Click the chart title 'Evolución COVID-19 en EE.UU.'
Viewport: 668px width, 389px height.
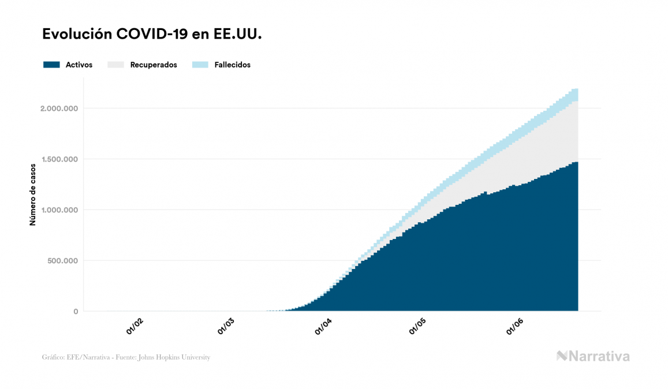(x=152, y=35)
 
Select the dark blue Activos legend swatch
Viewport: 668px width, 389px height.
(x=51, y=65)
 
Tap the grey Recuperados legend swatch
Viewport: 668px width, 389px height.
(x=115, y=65)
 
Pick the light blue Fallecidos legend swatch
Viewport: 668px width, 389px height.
(x=201, y=65)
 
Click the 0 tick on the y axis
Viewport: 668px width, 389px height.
(x=75, y=312)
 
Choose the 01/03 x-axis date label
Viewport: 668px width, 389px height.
(x=226, y=327)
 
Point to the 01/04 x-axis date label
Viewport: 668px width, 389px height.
(x=324, y=327)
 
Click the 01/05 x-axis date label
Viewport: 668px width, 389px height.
(x=419, y=327)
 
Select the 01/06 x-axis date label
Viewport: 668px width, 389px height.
(x=516, y=327)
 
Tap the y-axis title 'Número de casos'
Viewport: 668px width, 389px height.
(x=33, y=194)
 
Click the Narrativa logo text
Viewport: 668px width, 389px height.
(x=599, y=356)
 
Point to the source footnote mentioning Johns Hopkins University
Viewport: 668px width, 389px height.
(x=126, y=357)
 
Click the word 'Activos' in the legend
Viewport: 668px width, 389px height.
(x=79, y=65)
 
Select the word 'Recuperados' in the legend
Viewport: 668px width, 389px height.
(x=154, y=65)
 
